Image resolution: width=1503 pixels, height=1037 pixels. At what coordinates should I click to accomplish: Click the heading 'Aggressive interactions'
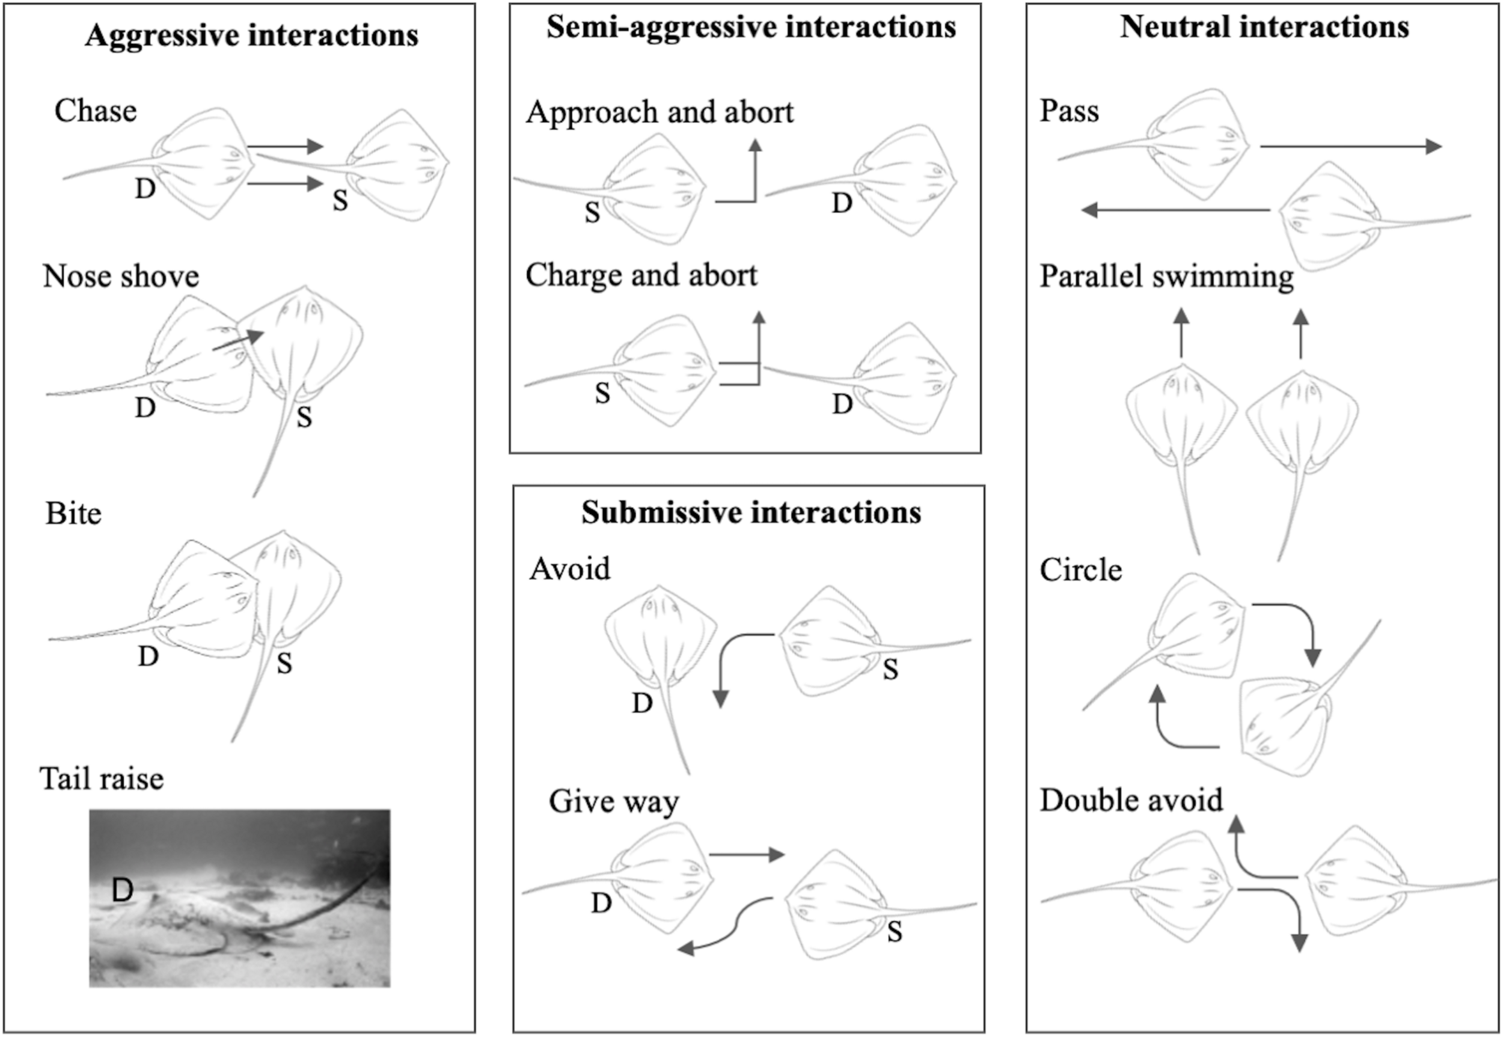click(251, 35)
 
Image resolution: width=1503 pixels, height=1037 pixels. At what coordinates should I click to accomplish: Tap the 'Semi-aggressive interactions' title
click(750, 27)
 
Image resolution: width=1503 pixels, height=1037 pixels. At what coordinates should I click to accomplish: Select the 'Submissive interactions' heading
click(750, 513)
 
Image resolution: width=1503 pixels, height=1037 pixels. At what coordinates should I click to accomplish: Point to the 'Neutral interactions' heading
click(1264, 27)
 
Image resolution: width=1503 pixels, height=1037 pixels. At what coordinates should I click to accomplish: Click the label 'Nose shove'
click(121, 277)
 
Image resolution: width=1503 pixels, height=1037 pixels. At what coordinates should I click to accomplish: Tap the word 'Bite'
click(73, 515)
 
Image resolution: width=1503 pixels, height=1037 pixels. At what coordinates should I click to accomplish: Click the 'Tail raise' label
click(102, 779)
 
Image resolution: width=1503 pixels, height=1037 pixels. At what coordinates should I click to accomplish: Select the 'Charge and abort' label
click(641, 275)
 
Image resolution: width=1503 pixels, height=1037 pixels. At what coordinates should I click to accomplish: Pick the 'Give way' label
click(613, 802)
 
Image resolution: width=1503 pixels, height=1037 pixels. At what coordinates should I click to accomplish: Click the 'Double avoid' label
click(1131, 800)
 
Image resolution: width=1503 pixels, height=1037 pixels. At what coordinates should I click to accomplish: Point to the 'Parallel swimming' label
click(1166, 277)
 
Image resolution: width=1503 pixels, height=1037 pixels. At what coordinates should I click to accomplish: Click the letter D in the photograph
click(122, 890)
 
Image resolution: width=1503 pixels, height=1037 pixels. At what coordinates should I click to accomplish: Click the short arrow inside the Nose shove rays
click(239, 340)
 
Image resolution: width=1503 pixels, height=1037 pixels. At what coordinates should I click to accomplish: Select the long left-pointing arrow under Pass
click(1176, 210)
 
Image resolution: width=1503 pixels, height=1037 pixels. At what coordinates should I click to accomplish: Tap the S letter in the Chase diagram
click(340, 201)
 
